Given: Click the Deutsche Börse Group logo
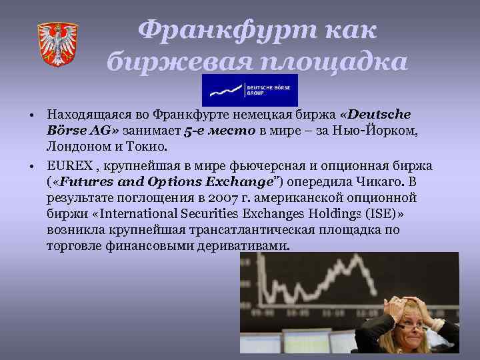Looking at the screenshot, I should click(249, 90).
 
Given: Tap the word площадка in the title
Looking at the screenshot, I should click(340, 62).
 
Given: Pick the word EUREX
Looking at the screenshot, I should click(65, 165).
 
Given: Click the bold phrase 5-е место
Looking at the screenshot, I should click(219, 130).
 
